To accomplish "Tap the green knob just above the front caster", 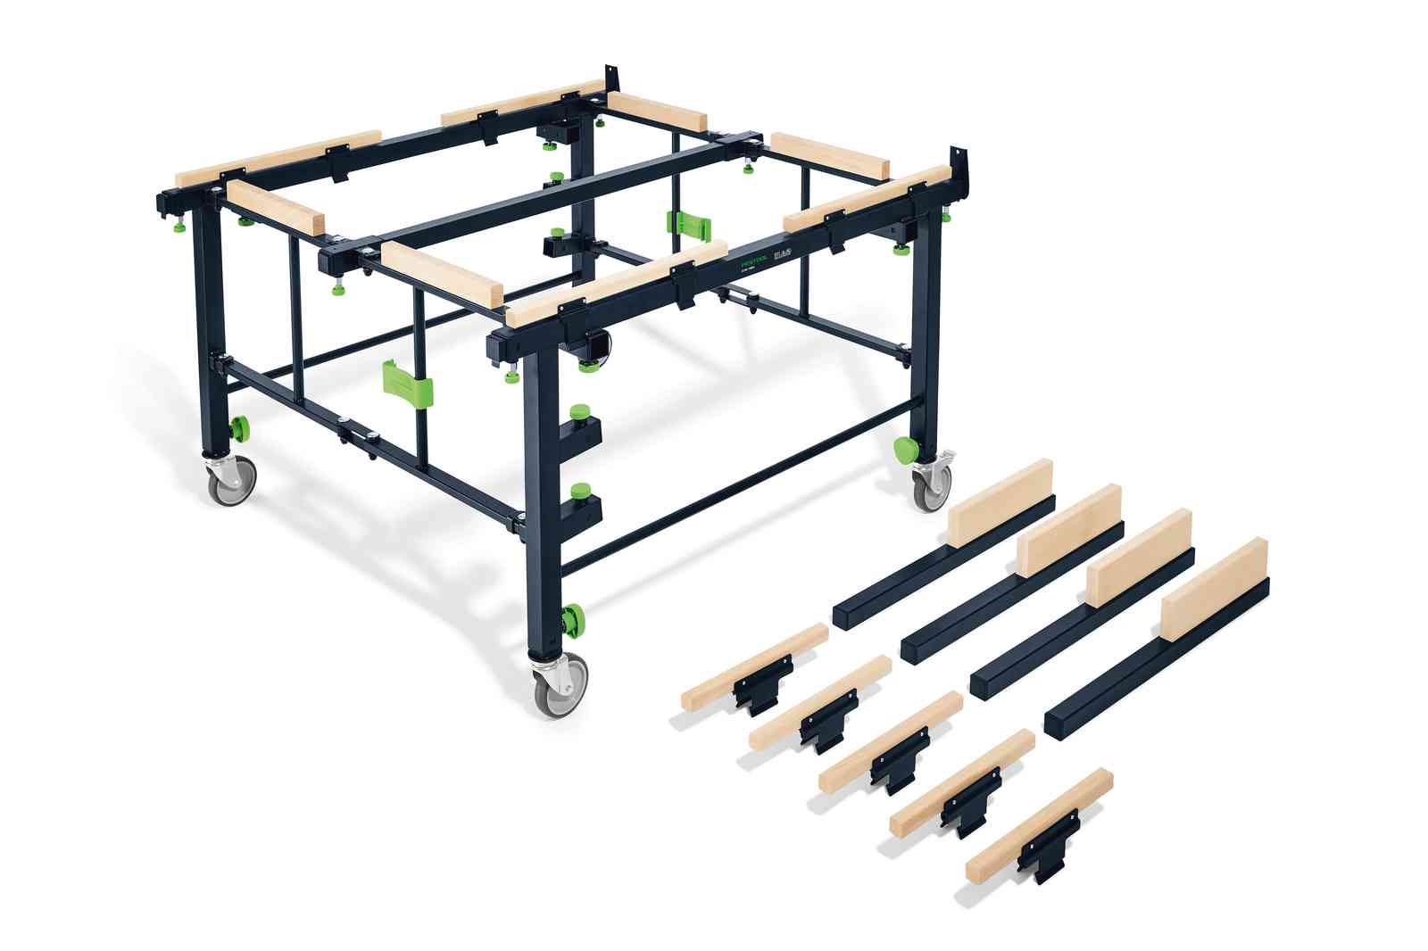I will (571, 617).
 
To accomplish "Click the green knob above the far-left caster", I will (240, 428).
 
